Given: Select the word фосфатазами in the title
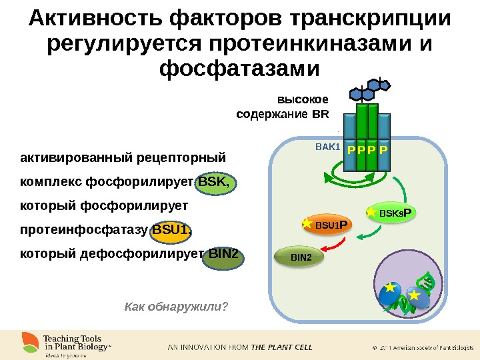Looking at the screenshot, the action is tap(240, 69).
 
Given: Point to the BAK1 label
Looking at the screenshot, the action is tap(327, 146).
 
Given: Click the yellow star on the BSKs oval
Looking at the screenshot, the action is tap(371, 212).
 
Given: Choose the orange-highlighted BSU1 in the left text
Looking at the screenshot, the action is tap(172, 231).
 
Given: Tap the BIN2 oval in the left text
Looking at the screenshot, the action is tap(223, 255).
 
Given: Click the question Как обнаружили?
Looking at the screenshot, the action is tap(176, 306).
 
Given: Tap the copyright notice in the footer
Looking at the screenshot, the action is tap(421, 347).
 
